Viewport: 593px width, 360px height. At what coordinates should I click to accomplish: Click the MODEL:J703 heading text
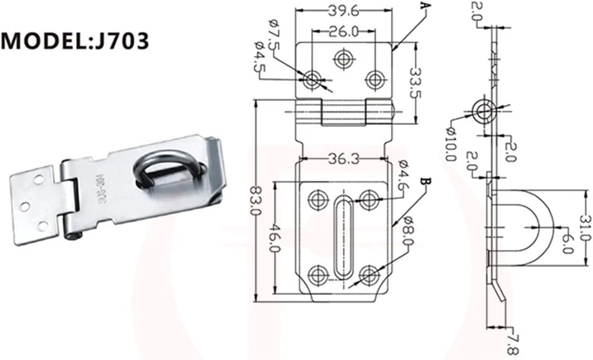coord(75,41)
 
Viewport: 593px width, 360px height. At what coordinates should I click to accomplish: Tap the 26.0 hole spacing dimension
coord(344,32)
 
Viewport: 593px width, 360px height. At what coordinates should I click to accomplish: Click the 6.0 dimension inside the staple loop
coord(566,243)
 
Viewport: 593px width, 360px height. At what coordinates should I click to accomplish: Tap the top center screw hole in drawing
coord(344,59)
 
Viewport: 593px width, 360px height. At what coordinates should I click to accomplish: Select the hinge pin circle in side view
coord(484,111)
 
